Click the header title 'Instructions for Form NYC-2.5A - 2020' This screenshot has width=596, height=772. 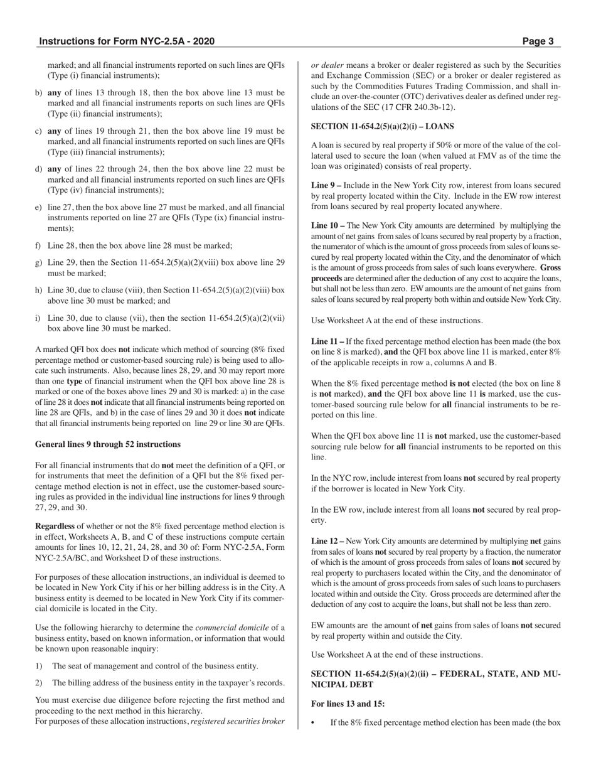127,41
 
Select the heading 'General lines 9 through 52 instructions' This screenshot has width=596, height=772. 108,444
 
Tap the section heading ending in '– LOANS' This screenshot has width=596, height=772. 382,126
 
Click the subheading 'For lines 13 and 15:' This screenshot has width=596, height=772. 348,704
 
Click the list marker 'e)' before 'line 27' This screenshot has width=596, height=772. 39,207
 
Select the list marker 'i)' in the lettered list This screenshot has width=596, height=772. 38,318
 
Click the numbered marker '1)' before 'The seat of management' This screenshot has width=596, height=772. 39,666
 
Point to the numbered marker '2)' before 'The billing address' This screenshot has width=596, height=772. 39,683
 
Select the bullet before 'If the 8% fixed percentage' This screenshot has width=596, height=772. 314,723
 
